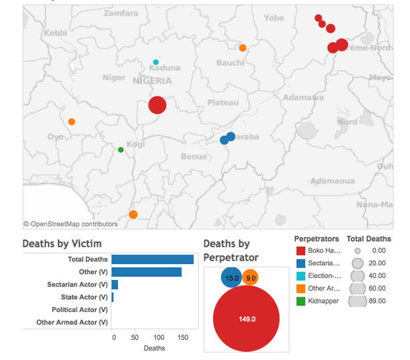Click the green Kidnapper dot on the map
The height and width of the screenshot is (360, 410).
(x=121, y=150)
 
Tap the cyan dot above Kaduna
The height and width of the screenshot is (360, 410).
(x=156, y=62)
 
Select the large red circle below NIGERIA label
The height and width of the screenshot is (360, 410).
(x=157, y=105)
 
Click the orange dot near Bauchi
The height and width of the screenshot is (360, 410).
(x=243, y=48)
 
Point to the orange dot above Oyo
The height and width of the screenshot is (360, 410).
(x=71, y=121)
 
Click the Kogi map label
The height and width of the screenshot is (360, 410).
(x=135, y=144)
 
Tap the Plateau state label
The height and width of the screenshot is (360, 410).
(x=223, y=102)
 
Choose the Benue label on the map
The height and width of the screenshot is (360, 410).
(x=194, y=157)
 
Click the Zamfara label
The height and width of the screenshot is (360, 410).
(x=121, y=13)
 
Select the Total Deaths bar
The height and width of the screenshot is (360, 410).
(x=153, y=259)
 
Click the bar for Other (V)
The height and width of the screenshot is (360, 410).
(x=147, y=272)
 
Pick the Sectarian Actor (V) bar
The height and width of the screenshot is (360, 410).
(x=115, y=285)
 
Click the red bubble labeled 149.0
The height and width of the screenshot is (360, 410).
(x=247, y=319)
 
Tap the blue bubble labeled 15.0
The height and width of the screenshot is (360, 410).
(x=232, y=278)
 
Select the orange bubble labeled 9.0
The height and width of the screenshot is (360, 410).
(x=251, y=278)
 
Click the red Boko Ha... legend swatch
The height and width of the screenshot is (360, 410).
(x=300, y=251)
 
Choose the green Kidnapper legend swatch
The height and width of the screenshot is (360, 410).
(x=300, y=301)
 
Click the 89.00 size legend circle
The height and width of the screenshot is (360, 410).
(x=357, y=301)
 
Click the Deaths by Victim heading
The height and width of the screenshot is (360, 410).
(x=62, y=244)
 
